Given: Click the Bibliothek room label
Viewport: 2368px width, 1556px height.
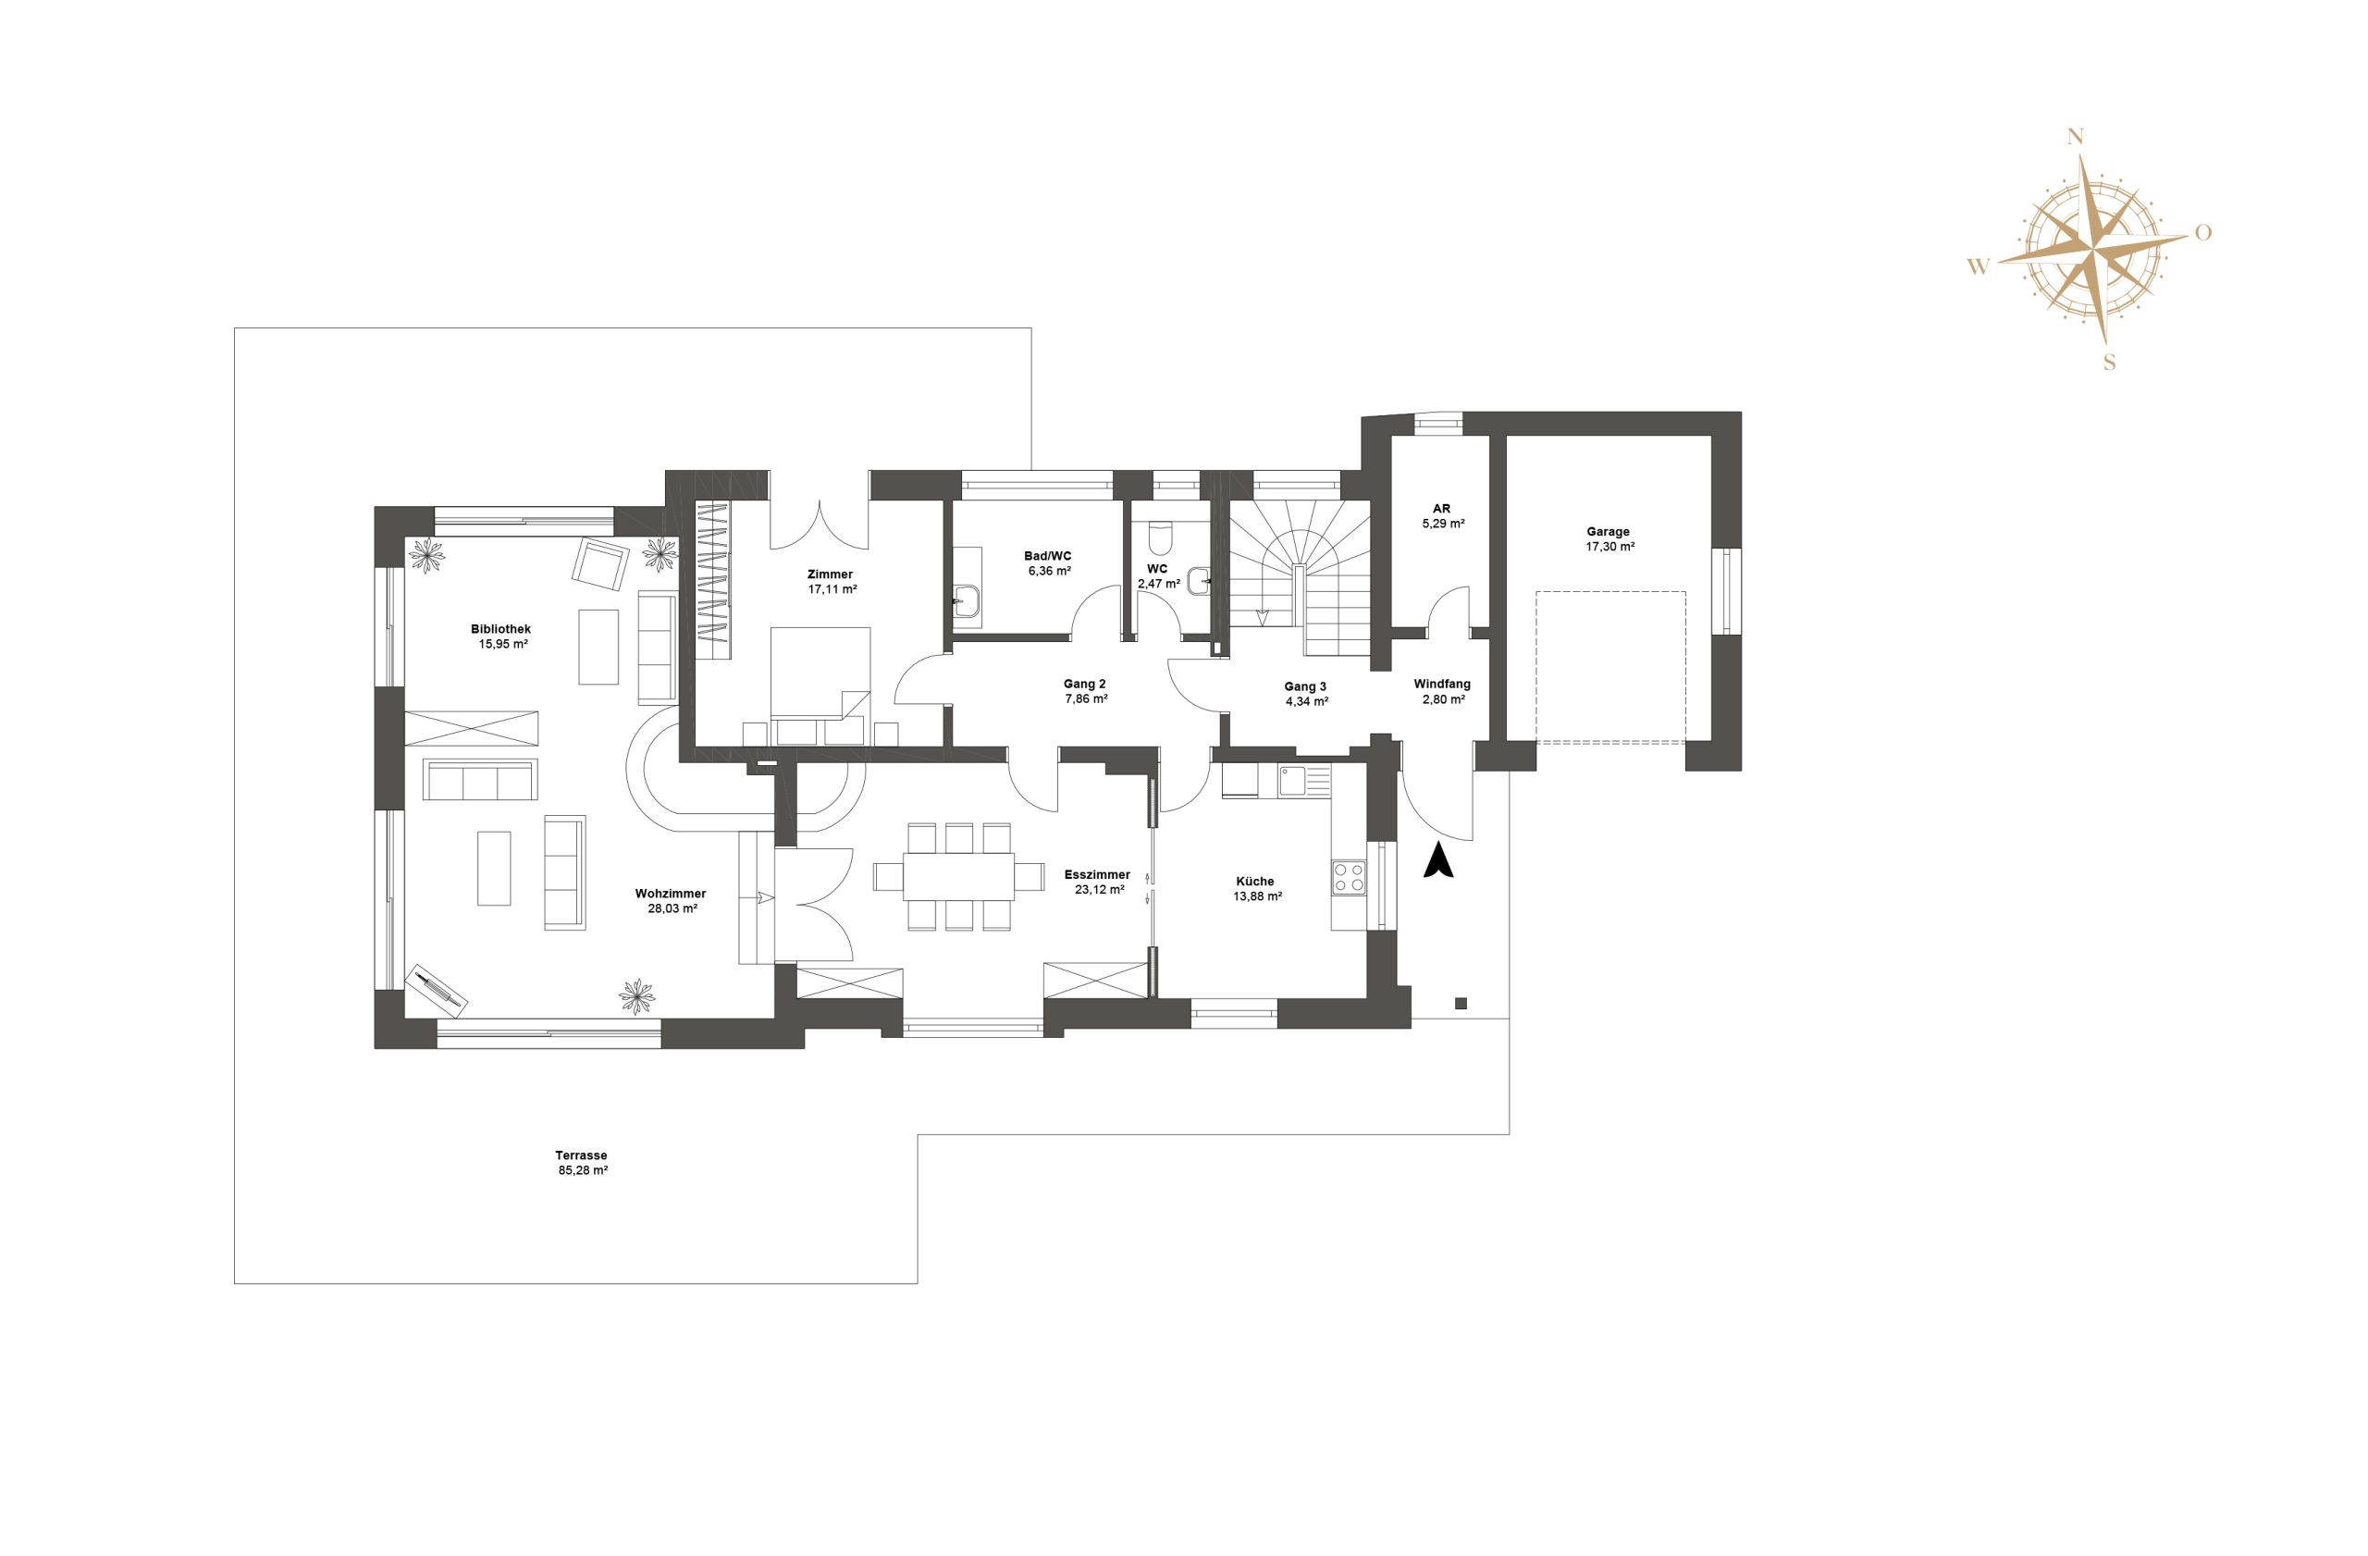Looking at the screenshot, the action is coord(500,629).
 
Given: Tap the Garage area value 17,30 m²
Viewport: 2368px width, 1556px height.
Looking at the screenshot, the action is coord(1609,546).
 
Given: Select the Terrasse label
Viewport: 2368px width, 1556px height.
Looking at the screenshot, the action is coord(581,1155).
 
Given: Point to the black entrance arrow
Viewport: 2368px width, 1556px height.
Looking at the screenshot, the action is coord(1438,860).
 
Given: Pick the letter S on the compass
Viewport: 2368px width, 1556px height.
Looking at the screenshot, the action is coord(2108,364).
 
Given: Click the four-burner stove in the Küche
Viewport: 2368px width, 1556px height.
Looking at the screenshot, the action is coord(1350,878).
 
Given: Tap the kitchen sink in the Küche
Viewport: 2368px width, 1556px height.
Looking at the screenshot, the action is coord(1292,781).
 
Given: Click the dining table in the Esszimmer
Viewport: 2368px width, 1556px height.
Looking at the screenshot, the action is coord(958,876).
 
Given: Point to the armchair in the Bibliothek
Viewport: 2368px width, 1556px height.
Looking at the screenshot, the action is coord(600,564).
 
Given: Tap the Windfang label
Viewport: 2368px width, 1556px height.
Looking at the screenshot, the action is coord(1442,685).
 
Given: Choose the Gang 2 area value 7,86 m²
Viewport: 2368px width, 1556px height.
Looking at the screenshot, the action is coord(1086,698).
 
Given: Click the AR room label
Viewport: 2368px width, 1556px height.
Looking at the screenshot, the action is coord(1442,509).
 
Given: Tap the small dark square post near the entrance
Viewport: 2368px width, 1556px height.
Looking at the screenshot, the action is coord(1461,1003).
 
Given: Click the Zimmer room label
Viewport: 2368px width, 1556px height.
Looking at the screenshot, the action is coord(830,574).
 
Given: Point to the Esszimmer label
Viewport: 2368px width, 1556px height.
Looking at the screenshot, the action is coord(1097,874).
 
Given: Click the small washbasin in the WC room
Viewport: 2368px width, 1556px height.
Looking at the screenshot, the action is coord(1200,579).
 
